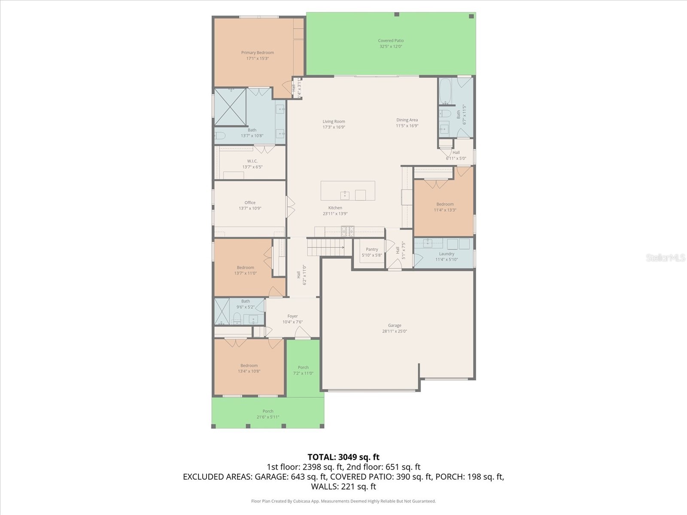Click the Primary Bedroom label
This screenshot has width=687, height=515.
pyautogui.click(x=257, y=53)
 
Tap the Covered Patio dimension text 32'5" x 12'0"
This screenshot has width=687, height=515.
pyautogui.click(x=390, y=46)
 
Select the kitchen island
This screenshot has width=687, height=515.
pyautogui.click(x=348, y=191)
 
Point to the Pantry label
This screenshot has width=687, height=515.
pyautogui.click(x=372, y=249)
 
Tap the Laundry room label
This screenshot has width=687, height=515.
pyautogui.click(x=447, y=254)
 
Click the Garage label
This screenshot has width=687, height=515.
pyautogui.click(x=395, y=325)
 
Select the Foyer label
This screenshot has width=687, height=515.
pyautogui.click(x=292, y=316)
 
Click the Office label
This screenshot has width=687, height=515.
pyautogui.click(x=250, y=203)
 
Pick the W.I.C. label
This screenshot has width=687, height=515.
pyautogui.click(x=252, y=161)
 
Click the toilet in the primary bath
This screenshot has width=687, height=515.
pyautogui.click(x=219, y=136)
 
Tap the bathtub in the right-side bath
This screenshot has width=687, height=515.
pyautogui.click(x=445, y=91)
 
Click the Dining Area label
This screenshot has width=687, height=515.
pyautogui.click(x=407, y=120)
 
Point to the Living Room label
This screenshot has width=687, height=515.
pyautogui.click(x=334, y=121)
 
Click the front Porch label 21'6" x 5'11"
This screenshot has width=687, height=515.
pyautogui.click(x=268, y=417)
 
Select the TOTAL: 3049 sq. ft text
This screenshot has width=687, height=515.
pyautogui.click(x=343, y=457)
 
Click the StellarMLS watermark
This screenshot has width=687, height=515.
pyautogui.click(x=666, y=257)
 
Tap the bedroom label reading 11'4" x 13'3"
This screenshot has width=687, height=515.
pyautogui.click(x=445, y=210)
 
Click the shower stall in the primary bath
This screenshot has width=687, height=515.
pyautogui.click(x=230, y=106)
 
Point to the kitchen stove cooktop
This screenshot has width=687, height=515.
pyautogui.click(x=347, y=231)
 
